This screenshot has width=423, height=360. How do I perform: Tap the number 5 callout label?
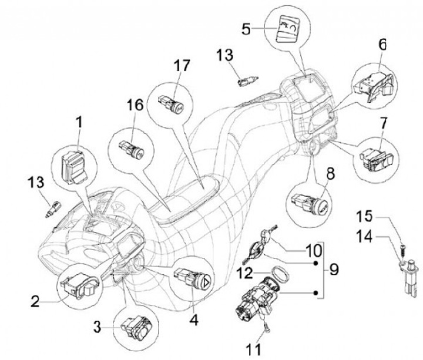tap(247, 28)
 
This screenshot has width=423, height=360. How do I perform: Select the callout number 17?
tap(183, 65)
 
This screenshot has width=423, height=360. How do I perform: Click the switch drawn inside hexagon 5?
tap(287, 29)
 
